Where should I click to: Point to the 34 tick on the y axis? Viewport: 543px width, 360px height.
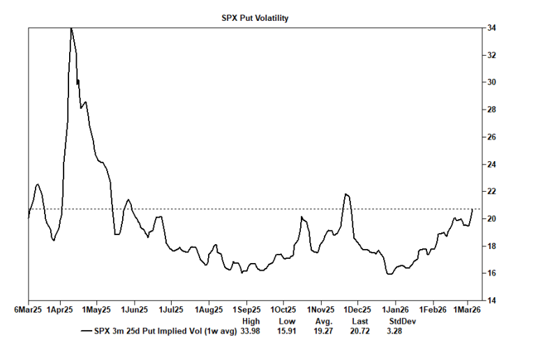click(492, 28)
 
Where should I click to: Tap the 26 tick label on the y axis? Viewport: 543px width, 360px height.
click(492, 137)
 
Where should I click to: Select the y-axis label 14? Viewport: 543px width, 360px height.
click(492, 300)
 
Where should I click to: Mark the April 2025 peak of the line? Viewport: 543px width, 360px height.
click(70, 28)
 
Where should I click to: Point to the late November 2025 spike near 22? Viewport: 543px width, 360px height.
click(345, 194)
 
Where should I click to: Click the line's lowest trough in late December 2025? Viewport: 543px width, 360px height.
click(389, 274)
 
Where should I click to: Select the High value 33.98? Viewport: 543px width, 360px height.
click(251, 331)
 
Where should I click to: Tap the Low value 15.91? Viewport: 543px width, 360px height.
click(288, 331)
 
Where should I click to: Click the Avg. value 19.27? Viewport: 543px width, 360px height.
click(324, 331)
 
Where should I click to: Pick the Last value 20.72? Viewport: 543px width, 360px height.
click(360, 331)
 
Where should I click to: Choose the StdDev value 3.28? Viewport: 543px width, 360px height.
click(395, 331)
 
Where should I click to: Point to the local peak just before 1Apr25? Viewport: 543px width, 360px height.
click(38, 184)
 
